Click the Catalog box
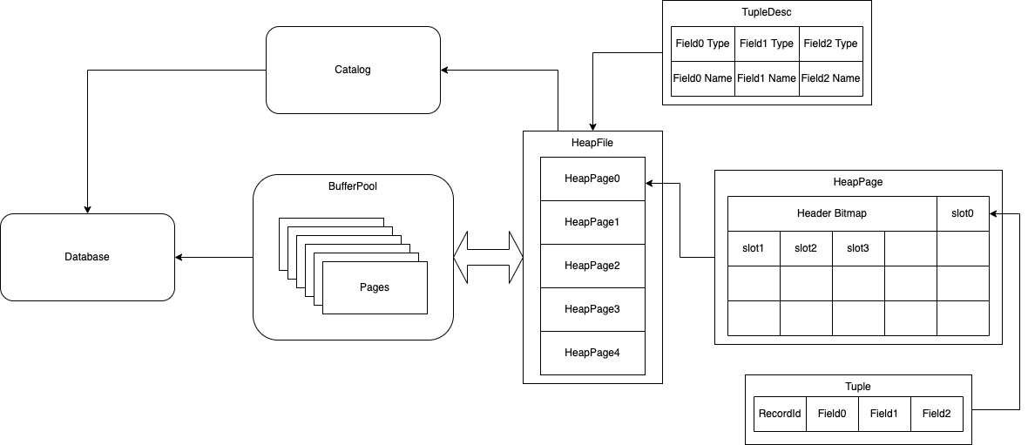pos(353,70)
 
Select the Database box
pos(87,257)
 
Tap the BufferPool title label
pos(353,185)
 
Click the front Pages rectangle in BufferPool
pos(375,287)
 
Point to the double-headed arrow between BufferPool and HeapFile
pos(488,257)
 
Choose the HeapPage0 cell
pos(592,179)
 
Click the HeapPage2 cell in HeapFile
pos(592,266)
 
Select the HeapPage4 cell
pos(592,353)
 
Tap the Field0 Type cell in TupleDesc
pos(702,44)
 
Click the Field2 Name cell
pos(831,78)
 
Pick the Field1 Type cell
pos(767,44)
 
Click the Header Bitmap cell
pos(832,213)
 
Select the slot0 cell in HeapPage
pos(963,213)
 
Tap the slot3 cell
pos(858,248)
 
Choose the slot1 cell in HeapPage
pos(754,248)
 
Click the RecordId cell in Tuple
pos(780,414)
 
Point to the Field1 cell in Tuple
pos(884,414)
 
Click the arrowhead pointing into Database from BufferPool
pos(180,257)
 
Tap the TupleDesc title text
pos(767,13)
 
